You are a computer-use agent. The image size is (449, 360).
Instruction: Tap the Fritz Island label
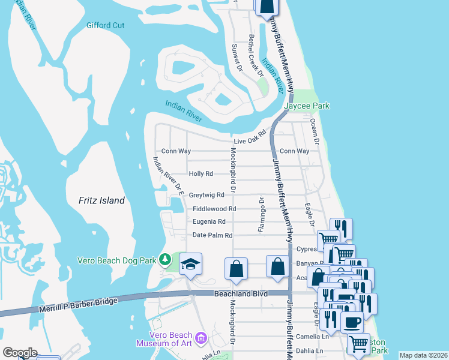click(x=101, y=200)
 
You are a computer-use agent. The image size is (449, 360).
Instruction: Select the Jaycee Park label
click(x=307, y=106)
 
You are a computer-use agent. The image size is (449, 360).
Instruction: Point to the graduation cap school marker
click(x=190, y=265)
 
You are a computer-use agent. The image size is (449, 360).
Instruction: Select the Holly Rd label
click(x=201, y=173)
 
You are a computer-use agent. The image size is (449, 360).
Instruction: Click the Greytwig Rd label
click(x=206, y=195)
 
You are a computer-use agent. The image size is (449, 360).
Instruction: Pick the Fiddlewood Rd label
click(x=214, y=209)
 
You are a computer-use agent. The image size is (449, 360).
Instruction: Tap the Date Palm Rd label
click(x=212, y=235)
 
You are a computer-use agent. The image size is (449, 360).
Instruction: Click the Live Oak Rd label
click(x=249, y=137)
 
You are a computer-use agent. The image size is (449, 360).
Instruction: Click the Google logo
click(x=20, y=352)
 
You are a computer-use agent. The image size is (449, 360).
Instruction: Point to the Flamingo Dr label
click(x=262, y=214)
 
